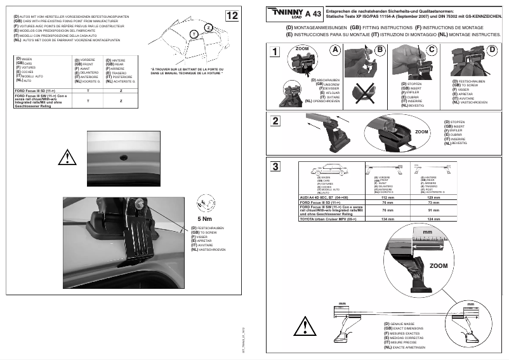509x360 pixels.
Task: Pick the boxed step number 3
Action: coord(275,167)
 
